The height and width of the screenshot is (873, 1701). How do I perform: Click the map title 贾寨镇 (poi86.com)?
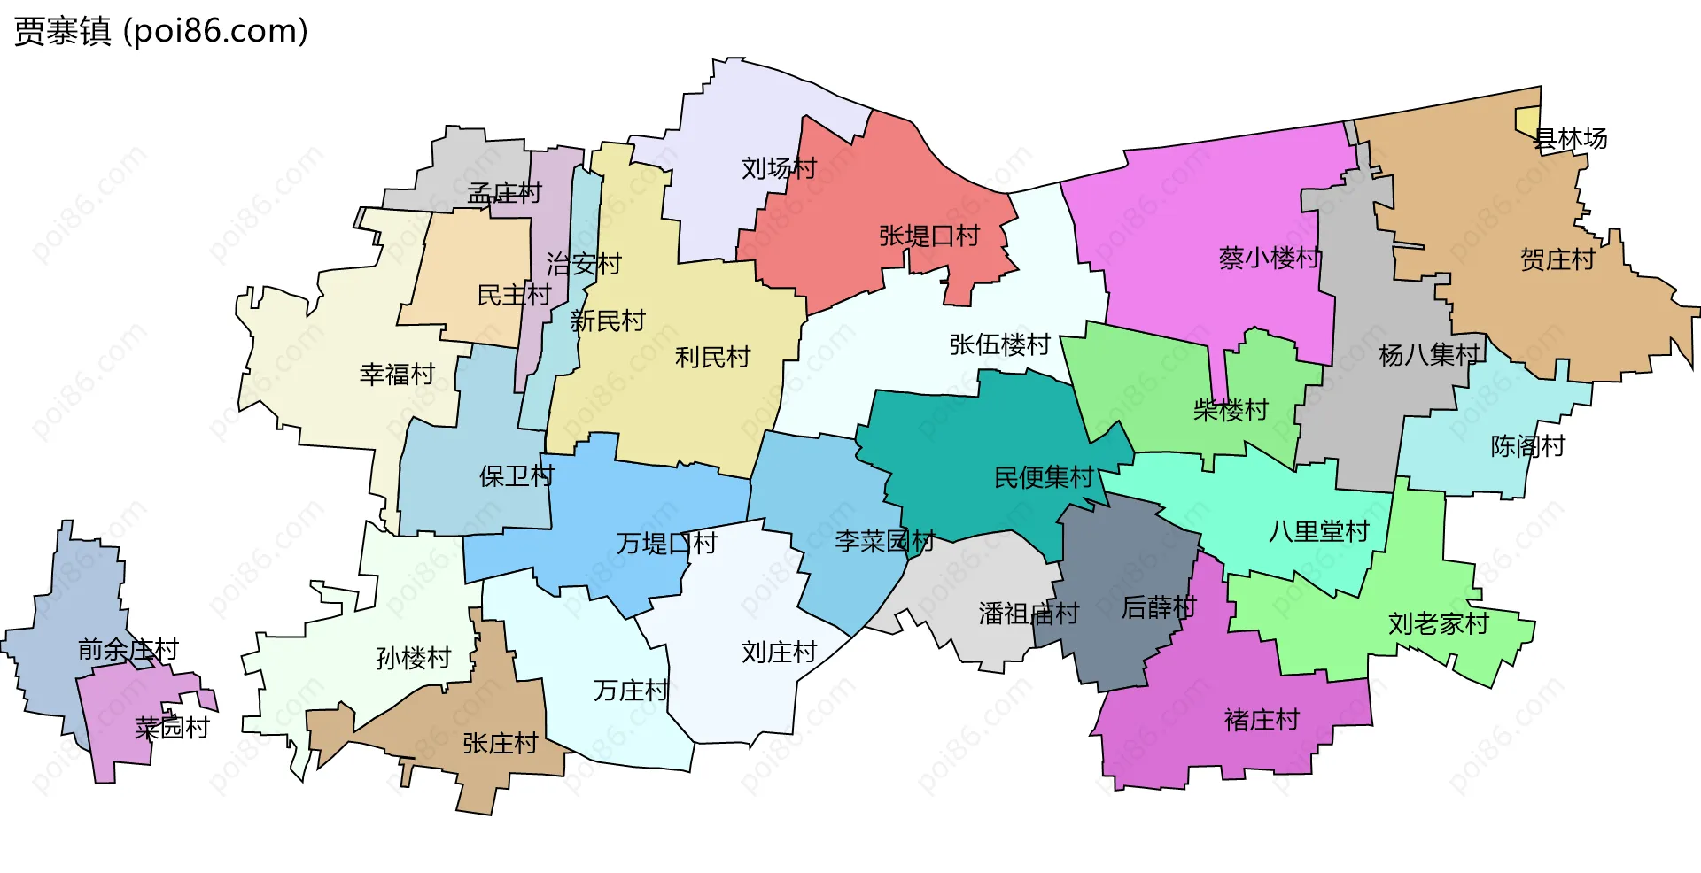click(x=160, y=32)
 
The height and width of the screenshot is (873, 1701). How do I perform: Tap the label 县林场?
click(x=1570, y=139)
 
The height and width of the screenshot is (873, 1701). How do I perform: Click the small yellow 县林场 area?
click(x=1526, y=121)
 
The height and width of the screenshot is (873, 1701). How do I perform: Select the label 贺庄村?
click(x=1557, y=259)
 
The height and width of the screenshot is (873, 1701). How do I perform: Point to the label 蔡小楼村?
click(x=1270, y=258)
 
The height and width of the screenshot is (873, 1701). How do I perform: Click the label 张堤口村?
click(x=929, y=236)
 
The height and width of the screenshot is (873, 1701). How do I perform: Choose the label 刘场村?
click(x=779, y=168)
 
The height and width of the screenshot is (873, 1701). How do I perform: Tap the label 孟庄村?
click(x=504, y=193)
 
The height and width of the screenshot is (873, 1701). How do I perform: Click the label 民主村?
click(x=514, y=295)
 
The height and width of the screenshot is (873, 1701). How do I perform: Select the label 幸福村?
click(x=397, y=375)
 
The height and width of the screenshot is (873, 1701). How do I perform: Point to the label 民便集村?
click(x=1045, y=478)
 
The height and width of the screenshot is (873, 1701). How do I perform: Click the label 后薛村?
click(x=1159, y=607)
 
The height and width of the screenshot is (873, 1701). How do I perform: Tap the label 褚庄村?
click(x=1262, y=720)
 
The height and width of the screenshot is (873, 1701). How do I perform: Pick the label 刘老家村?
click(x=1438, y=624)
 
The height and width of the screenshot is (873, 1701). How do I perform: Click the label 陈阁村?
click(x=1528, y=446)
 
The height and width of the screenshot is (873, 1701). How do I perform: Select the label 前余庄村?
click(x=128, y=650)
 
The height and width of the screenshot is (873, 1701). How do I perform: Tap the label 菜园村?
click(x=172, y=728)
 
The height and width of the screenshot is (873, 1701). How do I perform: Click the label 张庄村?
click(x=501, y=744)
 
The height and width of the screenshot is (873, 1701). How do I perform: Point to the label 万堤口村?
click(x=666, y=543)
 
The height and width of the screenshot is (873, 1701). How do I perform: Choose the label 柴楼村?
click(x=1231, y=410)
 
